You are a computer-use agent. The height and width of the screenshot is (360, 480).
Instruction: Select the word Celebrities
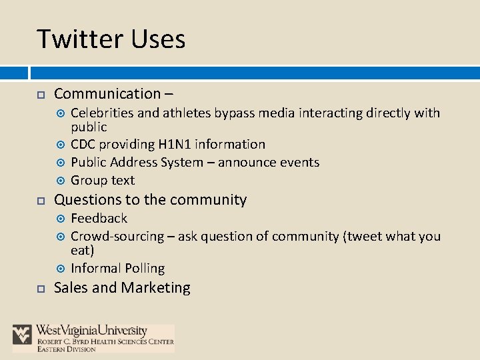(103, 113)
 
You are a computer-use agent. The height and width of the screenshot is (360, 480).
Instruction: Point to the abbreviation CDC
(84, 144)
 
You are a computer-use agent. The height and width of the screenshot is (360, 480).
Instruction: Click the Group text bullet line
(103, 180)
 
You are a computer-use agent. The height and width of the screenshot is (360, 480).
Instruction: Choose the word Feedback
(99, 218)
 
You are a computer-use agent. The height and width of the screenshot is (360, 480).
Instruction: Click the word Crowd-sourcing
(117, 236)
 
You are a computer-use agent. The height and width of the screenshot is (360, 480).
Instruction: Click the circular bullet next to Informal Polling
(61, 269)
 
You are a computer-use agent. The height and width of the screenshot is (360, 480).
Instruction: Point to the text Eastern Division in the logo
(67, 349)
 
